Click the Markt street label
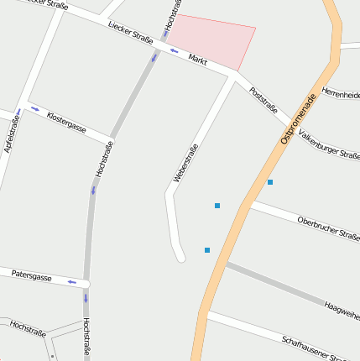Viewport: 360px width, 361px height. [198, 60]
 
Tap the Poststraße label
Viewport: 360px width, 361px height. [264, 100]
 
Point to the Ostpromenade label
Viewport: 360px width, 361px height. [298, 118]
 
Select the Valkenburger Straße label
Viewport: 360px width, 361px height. [330, 139]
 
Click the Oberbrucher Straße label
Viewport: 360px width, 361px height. [328, 228]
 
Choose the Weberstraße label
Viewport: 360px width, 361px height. [185, 163]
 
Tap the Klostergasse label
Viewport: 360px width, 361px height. [66, 123]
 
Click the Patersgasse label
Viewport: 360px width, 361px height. [32, 276]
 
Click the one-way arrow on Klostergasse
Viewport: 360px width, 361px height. [35, 108]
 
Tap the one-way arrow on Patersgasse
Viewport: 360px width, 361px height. [72, 282]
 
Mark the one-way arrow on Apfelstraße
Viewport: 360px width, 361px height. [18, 113]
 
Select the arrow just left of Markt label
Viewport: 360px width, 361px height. [175, 51]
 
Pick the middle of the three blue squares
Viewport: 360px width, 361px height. [217, 206]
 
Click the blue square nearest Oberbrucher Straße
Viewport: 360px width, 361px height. [270, 182]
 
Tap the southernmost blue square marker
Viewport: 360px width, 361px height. [207, 250]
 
